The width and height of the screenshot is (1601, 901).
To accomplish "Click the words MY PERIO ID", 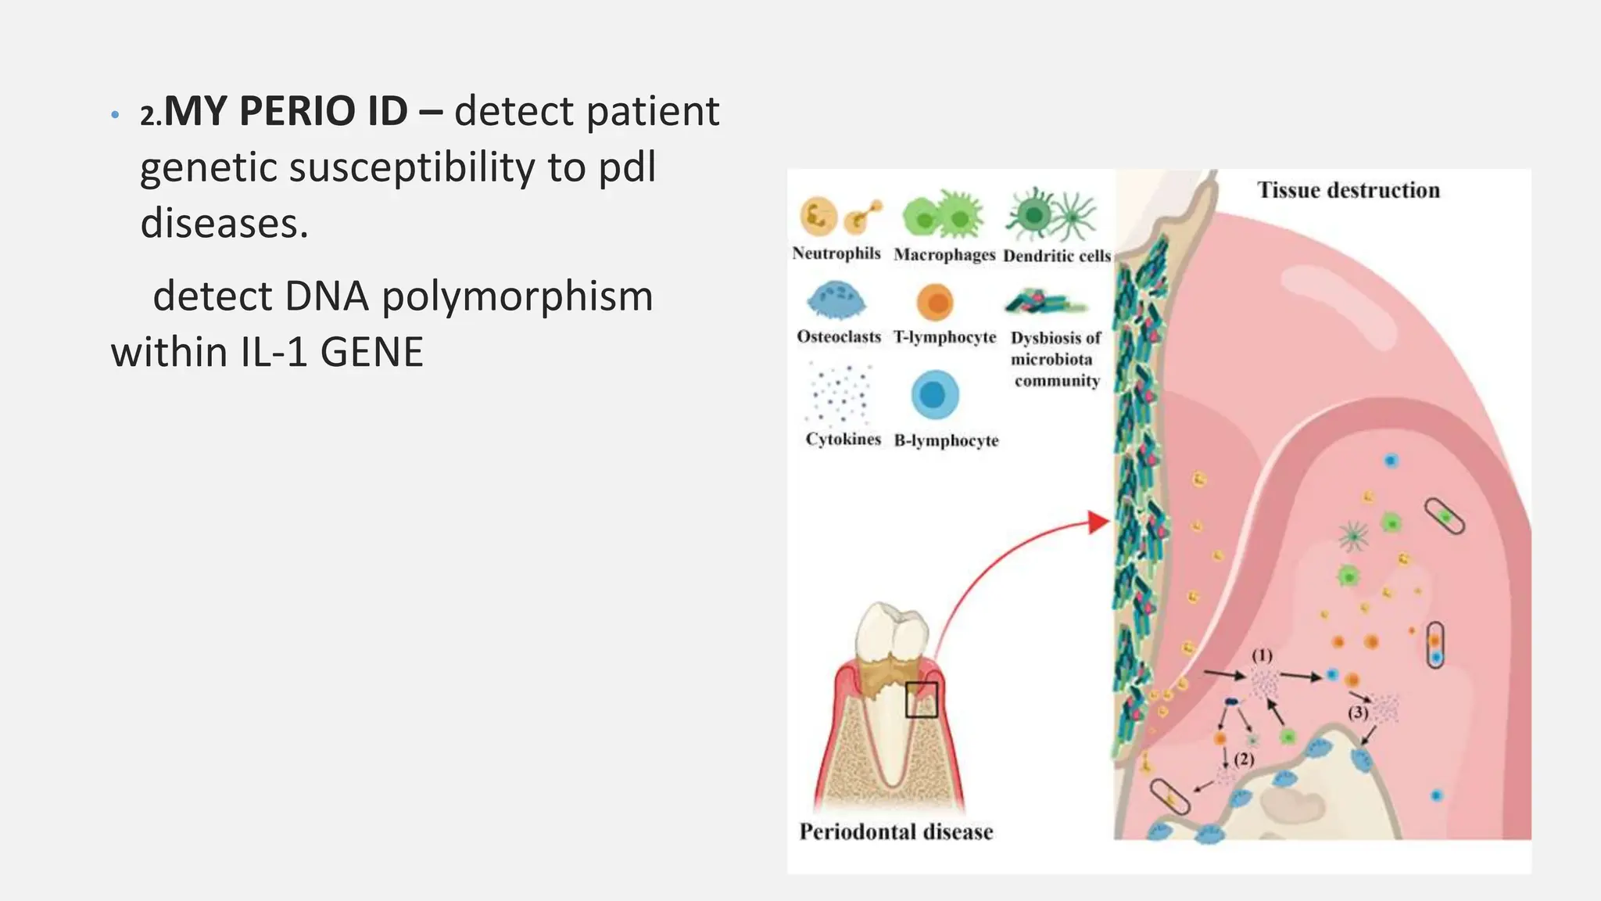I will click(285, 111).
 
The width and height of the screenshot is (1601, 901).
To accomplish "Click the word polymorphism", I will click(517, 297).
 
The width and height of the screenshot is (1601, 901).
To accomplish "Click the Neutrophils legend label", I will click(836, 253).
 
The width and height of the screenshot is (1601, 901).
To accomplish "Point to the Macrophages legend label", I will click(944, 255).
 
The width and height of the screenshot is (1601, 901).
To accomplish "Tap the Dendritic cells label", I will click(1057, 256).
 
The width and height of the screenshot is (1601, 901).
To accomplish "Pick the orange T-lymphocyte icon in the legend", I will click(935, 302).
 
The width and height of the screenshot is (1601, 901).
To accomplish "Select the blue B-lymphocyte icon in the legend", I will click(934, 395).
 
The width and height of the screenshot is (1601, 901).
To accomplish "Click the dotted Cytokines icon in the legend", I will click(839, 393).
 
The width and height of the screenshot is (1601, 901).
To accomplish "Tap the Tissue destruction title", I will click(1348, 190).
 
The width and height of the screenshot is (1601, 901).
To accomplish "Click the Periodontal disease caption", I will click(896, 831).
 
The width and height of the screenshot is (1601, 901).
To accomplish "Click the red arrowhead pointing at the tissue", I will click(1100, 522).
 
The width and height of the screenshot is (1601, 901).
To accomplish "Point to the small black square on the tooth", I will click(921, 699).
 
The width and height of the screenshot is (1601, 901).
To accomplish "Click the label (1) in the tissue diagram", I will click(1262, 655).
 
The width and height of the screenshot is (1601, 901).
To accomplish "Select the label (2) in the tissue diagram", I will click(1244, 759).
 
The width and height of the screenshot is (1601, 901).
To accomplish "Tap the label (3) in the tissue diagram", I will click(1358, 712).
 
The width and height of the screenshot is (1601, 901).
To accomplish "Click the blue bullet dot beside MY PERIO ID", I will click(115, 115).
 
